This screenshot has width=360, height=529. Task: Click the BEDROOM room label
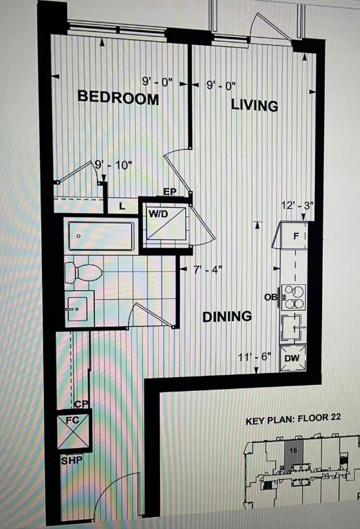point(118,97)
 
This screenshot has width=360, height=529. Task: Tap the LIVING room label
point(254,105)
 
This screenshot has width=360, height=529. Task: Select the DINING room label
point(227,317)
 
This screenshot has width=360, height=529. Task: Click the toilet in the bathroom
point(84,272)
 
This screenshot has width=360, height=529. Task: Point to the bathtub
point(101,236)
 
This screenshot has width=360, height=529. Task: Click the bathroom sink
point(77,309)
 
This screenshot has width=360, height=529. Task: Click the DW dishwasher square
point(293,358)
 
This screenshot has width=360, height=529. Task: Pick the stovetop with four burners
point(293,297)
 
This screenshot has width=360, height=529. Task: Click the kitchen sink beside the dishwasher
point(293,327)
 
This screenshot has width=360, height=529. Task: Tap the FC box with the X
point(74,431)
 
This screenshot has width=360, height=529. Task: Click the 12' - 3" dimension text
point(298,206)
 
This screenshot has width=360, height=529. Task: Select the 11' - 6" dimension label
point(255,357)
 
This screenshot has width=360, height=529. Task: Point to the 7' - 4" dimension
point(208,270)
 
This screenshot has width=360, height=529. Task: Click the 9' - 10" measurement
point(114,165)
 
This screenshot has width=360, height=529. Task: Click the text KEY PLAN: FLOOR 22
point(293,419)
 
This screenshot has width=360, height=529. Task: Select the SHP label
point(72,460)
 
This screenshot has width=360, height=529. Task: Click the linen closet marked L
point(122,206)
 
